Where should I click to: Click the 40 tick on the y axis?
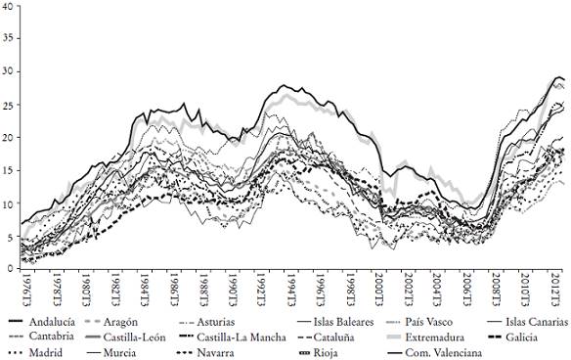(9, 5)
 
